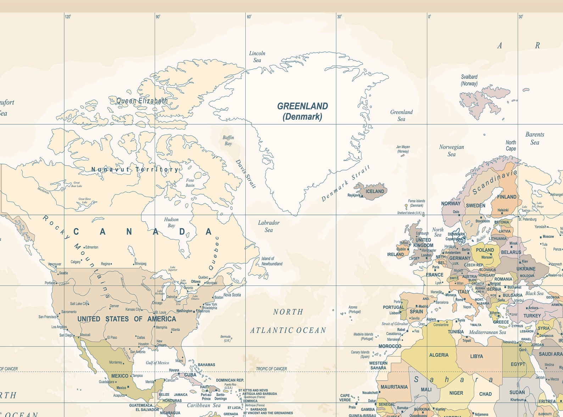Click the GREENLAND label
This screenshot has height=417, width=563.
click(x=302, y=106)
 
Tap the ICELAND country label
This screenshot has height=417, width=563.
click(x=375, y=191)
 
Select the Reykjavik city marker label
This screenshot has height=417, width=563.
click(x=354, y=195)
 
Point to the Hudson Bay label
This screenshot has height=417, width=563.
click(x=171, y=222)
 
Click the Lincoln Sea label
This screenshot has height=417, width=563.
click(x=257, y=57)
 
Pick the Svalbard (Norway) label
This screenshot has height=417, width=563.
click(x=469, y=80)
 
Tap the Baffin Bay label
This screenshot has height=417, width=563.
click(x=228, y=140)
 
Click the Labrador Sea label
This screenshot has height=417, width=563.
click(x=269, y=226)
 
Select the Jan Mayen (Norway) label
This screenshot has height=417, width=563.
click(x=403, y=149)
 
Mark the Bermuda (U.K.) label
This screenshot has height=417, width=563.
click(x=225, y=338)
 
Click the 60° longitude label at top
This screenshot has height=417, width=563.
click(x=249, y=17)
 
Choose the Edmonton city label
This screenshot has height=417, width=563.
click(x=92, y=247)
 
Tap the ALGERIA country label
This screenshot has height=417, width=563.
click(x=439, y=355)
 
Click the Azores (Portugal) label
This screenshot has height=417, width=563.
click(x=354, y=309)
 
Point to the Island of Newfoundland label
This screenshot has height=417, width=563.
click(x=272, y=261)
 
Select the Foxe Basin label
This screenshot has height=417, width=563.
click(x=190, y=182)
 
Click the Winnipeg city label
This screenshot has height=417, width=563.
click(x=140, y=264)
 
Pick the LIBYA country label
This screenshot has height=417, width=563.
click(x=476, y=356)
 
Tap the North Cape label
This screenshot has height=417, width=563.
click(x=511, y=145)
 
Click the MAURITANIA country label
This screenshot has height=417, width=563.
click(x=394, y=387)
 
